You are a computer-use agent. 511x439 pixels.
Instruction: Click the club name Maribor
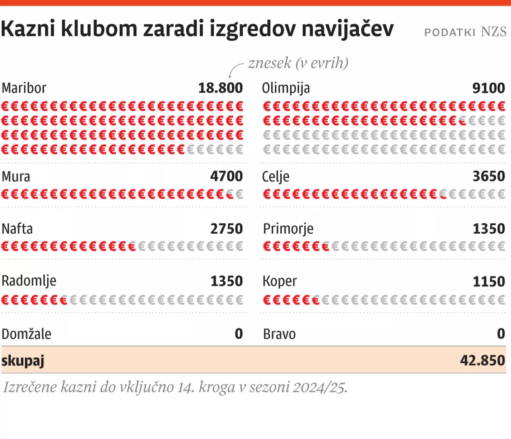tap(24, 88)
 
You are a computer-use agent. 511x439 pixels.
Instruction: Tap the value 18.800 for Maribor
tap(220, 88)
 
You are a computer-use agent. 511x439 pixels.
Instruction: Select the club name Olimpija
tap(286, 88)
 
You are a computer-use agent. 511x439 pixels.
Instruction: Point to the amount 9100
tap(488, 88)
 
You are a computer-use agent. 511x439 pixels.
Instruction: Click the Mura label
tap(16, 177)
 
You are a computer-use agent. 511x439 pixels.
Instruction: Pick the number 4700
tap(226, 177)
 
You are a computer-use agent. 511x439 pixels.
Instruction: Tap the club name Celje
tap(276, 177)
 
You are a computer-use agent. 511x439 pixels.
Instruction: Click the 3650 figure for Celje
tap(488, 177)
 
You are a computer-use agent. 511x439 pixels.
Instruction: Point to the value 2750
tap(226, 229)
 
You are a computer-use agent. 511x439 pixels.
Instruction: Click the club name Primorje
tap(288, 229)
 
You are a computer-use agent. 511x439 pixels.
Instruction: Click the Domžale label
tap(26, 334)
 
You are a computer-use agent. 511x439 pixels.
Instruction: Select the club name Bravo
tap(279, 334)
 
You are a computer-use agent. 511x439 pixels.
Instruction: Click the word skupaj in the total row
tap(23, 361)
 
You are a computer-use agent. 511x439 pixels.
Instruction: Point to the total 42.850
tap(482, 361)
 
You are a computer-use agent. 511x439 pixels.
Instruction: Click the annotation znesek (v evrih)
tap(298, 63)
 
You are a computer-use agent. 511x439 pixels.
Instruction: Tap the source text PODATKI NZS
tap(465, 32)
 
